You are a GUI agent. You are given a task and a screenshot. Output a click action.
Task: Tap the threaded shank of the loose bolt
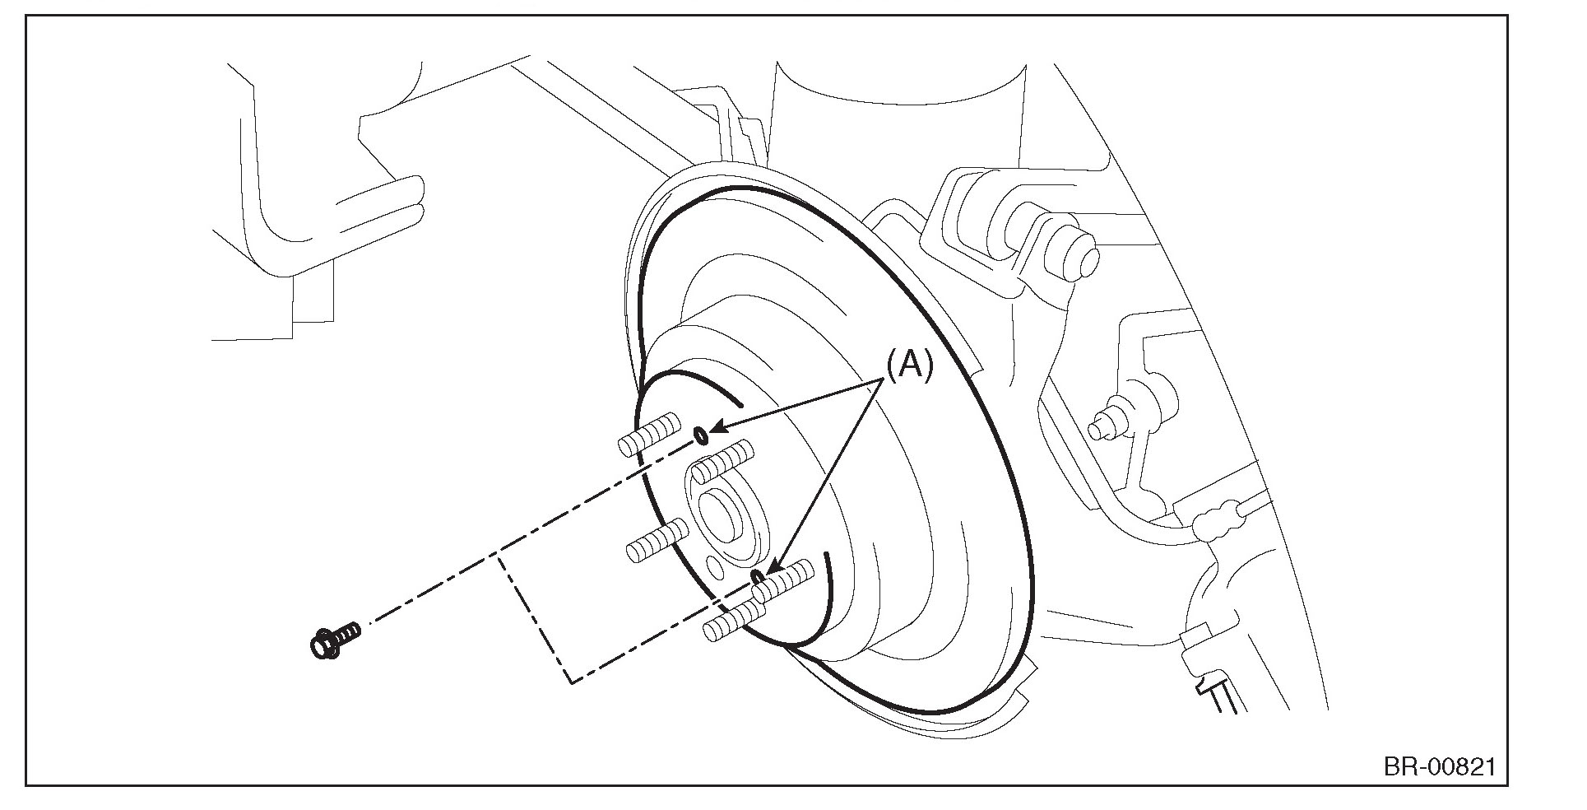coord(349,632)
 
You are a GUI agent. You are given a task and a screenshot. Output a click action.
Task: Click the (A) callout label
coord(909,365)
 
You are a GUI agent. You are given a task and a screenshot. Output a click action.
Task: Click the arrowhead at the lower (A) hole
coord(772,568)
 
